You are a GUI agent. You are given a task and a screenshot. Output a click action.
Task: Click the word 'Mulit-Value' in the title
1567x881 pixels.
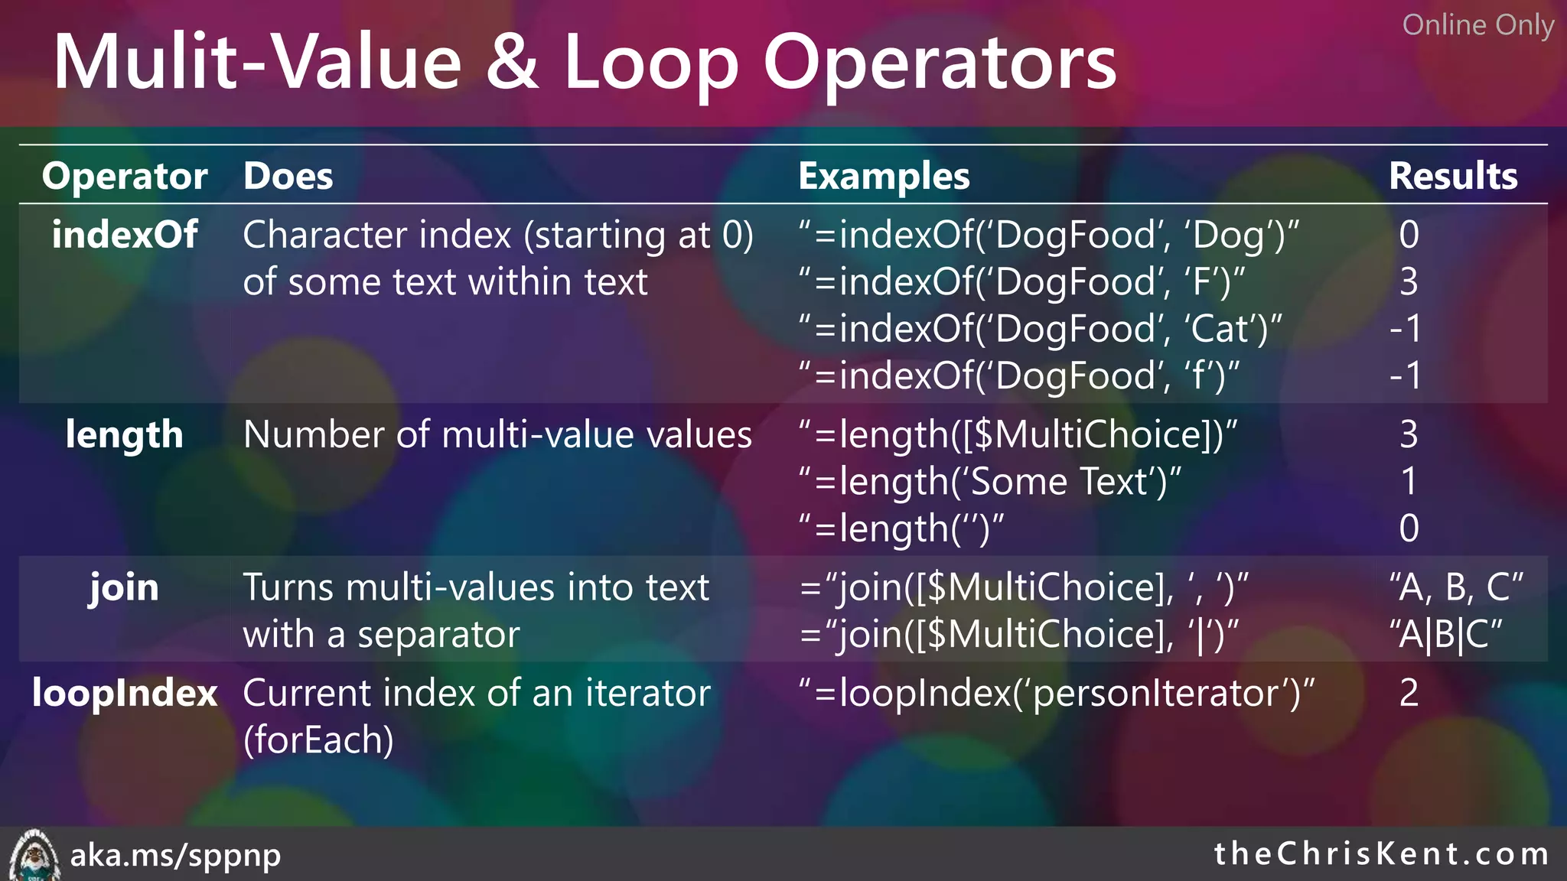pos(257,63)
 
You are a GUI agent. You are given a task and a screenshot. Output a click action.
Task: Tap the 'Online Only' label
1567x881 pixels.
pos(1477,25)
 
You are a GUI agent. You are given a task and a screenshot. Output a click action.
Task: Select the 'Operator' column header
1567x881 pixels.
pos(125,176)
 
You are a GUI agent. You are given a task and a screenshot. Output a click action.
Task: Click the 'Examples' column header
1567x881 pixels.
pos(884,176)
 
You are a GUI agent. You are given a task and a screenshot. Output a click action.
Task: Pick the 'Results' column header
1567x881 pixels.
pos(1452,176)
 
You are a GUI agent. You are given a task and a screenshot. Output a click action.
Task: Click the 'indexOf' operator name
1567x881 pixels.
pos(125,234)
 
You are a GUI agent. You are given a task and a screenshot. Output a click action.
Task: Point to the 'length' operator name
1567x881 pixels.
pos(125,434)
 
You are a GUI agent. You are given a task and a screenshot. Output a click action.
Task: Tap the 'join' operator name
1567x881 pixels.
pos(124,587)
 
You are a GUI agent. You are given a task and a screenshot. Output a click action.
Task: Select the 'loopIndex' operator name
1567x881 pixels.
pos(125,693)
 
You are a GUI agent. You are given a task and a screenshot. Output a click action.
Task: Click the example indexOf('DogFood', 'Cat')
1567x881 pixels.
pos(1041,329)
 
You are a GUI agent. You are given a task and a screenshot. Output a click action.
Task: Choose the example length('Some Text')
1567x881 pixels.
pos(990,482)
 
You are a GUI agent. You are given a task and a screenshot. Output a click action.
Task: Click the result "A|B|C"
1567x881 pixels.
pos(1446,635)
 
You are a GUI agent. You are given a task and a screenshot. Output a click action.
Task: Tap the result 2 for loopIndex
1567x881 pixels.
pos(1409,693)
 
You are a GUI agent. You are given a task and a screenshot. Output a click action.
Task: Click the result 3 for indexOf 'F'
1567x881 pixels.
pos(1409,281)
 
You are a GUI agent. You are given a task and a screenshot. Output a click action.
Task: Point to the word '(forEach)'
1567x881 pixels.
pos(318,740)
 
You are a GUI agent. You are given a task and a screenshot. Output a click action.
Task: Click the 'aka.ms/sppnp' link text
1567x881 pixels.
pos(175,855)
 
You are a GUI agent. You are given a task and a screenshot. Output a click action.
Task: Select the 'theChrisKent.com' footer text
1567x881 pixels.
pos(1381,853)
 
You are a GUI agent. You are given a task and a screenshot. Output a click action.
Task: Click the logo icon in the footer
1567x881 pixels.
pos(33,855)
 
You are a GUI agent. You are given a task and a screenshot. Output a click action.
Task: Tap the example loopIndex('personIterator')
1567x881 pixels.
pos(1056,693)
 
